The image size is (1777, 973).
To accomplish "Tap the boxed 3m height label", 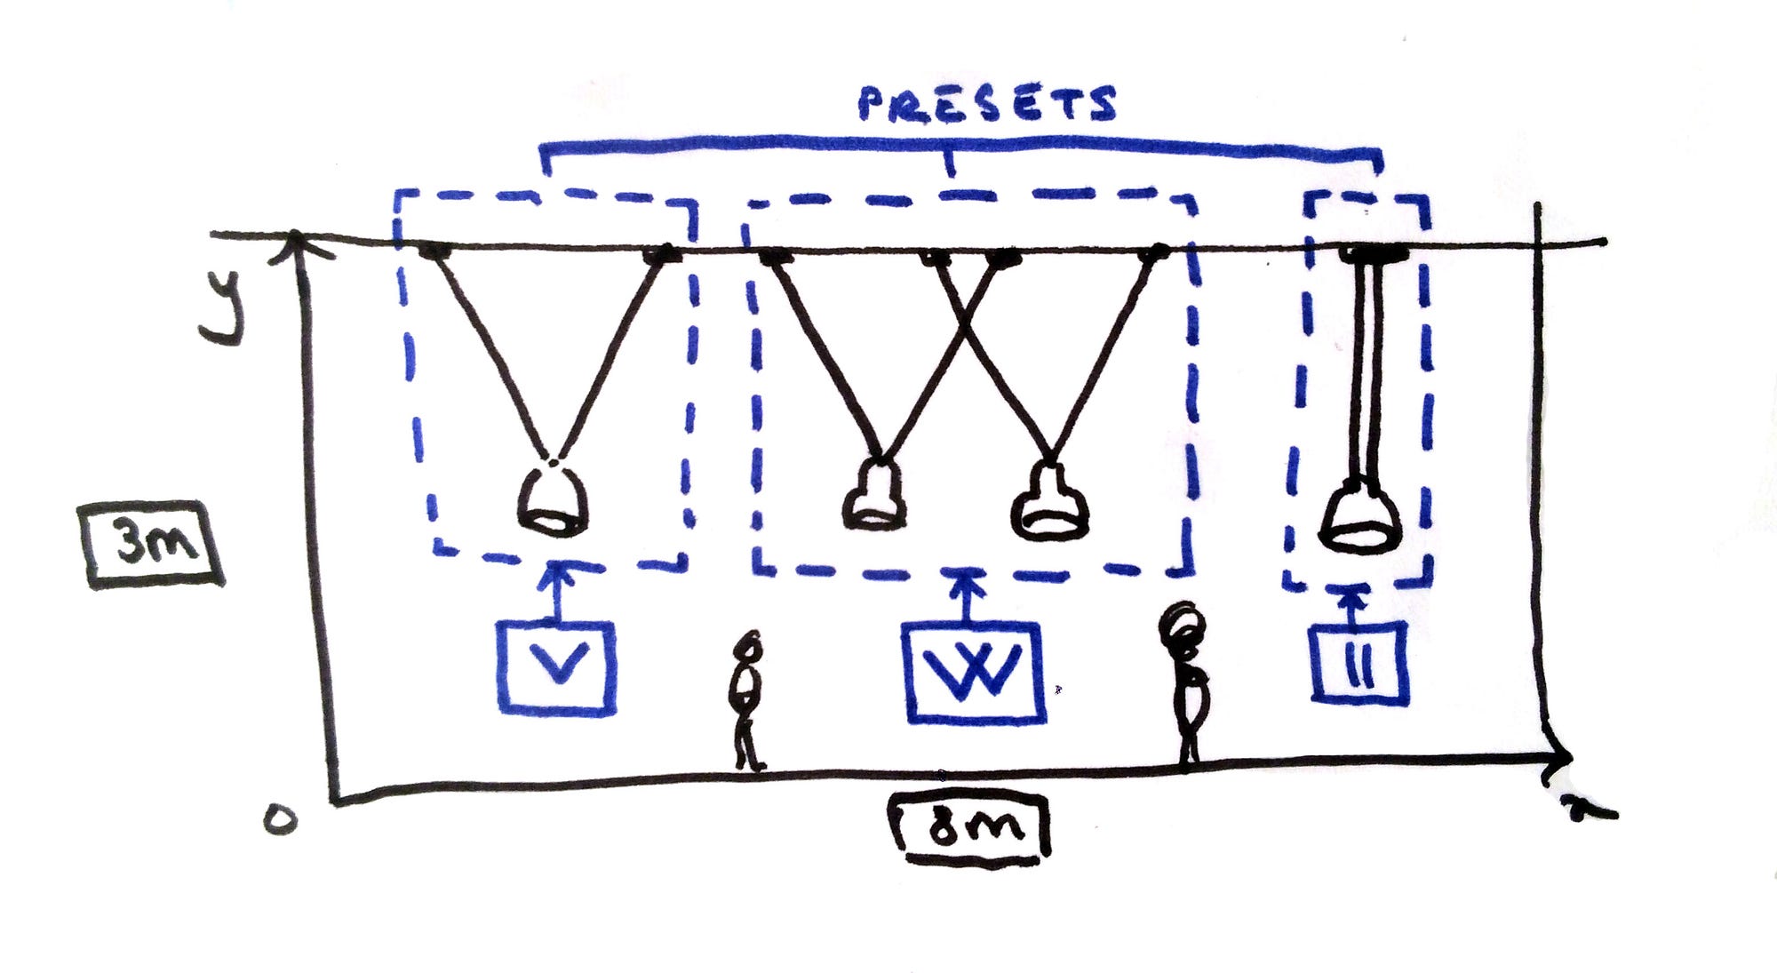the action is (153, 544).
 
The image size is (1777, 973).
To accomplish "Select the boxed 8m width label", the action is (971, 827).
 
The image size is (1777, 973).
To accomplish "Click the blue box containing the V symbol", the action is (556, 668).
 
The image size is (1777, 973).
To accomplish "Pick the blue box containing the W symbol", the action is (972, 673).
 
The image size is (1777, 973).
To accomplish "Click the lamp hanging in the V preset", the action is (553, 500).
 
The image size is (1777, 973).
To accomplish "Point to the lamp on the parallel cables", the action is (1360, 516).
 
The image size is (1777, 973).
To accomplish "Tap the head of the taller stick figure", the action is (1182, 627).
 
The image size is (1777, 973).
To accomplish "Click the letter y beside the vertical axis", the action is (222, 307).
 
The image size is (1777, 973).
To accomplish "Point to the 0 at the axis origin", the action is (280, 818).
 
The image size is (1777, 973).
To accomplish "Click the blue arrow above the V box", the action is (557, 590).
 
